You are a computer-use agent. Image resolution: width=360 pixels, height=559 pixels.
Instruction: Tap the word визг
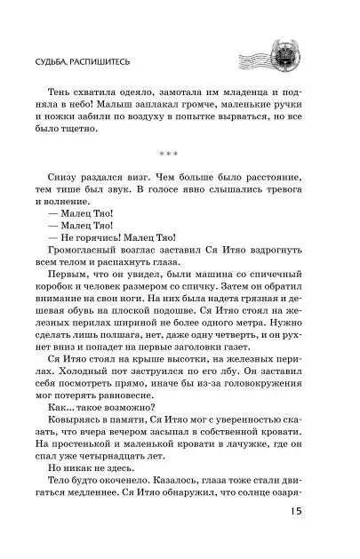tap(136, 186)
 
